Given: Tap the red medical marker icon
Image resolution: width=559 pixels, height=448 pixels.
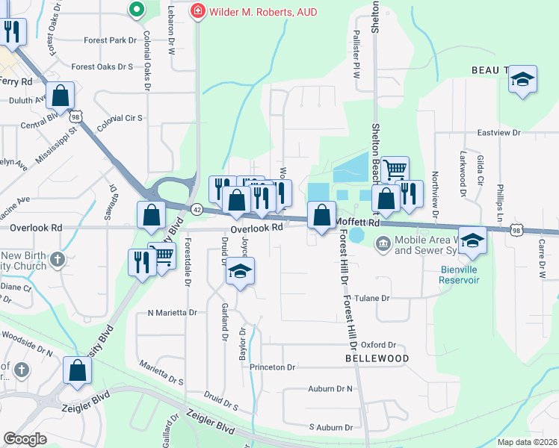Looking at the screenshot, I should coord(197,11).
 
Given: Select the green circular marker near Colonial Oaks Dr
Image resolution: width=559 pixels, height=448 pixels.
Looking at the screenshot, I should coord(135,10).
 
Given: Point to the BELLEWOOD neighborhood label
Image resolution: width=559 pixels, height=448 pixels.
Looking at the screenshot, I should coord(377,358).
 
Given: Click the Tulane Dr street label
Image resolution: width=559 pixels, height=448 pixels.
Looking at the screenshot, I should coord(375,298).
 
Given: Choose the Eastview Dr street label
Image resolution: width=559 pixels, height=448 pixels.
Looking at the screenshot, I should coord(498,133).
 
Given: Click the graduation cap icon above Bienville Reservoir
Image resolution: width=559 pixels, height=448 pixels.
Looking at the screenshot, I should coord(472,240).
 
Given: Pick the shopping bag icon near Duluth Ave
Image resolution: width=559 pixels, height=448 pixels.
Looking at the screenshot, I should coord(60,95).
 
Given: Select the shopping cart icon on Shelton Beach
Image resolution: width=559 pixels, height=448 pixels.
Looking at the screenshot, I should coord(395,169).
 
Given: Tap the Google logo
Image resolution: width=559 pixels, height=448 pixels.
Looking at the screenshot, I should coord(25,438).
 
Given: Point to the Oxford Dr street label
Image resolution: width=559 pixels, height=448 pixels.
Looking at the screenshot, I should coord(377,345).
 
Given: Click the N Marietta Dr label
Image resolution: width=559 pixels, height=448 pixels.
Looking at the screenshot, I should coord(172,313).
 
